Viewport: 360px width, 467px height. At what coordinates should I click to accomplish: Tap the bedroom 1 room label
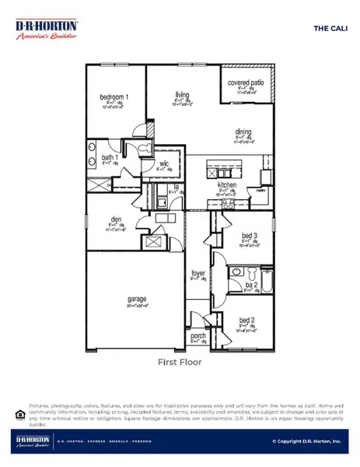click(x=114, y=97)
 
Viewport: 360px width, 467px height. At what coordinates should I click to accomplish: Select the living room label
click(x=182, y=92)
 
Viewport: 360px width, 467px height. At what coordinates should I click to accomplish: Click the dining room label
click(x=243, y=132)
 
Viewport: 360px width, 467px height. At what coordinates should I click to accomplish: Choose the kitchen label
click(x=226, y=185)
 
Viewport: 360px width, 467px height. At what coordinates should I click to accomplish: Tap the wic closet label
click(x=164, y=163)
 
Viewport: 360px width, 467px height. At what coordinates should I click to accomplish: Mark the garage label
click(x=138, y=299)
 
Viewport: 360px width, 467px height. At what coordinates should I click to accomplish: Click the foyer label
click(x=198, y=274)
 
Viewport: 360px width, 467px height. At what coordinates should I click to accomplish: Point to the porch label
click(x=197, y=336)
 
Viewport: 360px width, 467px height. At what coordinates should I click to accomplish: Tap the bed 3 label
click(x=249, y=236)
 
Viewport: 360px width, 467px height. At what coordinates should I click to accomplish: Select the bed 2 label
click(x=246, y=320)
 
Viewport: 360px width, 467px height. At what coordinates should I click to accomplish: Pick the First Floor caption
click(x=179, y=362)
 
